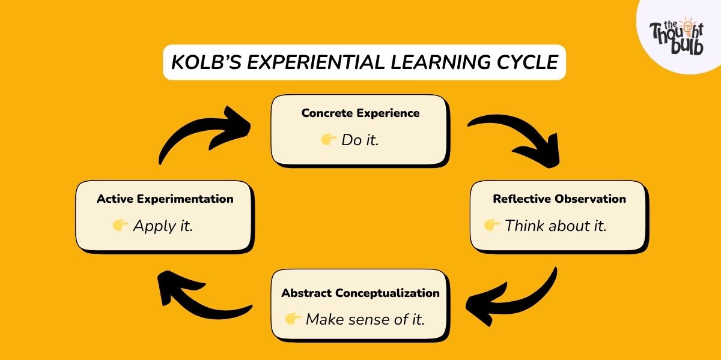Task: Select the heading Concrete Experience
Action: pyautogui.click(x=360, y=113)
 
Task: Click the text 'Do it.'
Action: pyautogui.click(x=360, y=140)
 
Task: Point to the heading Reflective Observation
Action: pyautogui.click(x=559, y=199)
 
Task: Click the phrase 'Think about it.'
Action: pyautogui.click(x=556, y=226)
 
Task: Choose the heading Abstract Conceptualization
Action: pyautogui.click(x=360, y=293)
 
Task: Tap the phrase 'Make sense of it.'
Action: pyautogui.click(x=365, y=319)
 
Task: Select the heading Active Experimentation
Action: pyautogui.click(x=165, y=199)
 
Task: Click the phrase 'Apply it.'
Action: pyautogui.click(x=163, y=226)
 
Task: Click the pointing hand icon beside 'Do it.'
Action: pyautogui.click(x=328, y=140)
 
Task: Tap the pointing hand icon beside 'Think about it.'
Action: pyautogui.click(x=492, y=226)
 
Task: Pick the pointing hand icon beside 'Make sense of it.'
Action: pyautogui.click(x=293, y=319)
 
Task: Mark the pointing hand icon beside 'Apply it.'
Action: pyautogui.click(x=121, y=226)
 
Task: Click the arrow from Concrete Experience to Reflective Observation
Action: pyautogui.click(x=517, y=138)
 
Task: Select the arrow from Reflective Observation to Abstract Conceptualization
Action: pyautogui.click(x=517, y=294)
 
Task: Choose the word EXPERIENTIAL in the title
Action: pyautogui.click(x=318, y=62)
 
